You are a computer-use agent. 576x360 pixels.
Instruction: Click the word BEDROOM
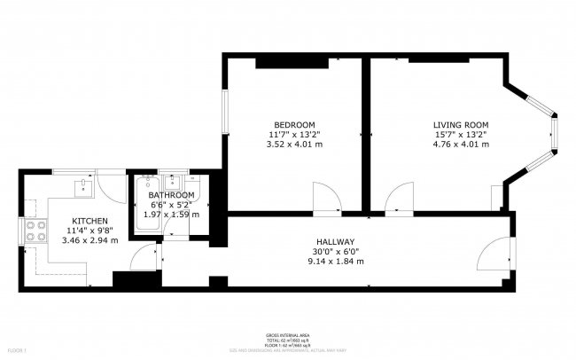tap(293, 124)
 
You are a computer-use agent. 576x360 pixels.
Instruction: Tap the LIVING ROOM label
tap(460, 124)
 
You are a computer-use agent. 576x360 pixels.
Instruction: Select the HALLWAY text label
tap(336, 242)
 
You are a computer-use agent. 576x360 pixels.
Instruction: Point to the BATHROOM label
tap(171, 195)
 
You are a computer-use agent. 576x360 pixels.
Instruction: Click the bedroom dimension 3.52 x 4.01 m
tap(293, 144)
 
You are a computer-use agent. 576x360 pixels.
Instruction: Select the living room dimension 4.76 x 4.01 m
tap(460, 144)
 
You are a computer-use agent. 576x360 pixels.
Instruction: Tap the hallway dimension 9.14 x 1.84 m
tap(336, 262)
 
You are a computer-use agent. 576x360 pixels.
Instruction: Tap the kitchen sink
tap(82, 186)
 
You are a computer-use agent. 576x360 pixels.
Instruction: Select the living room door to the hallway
tap(401, 197)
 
